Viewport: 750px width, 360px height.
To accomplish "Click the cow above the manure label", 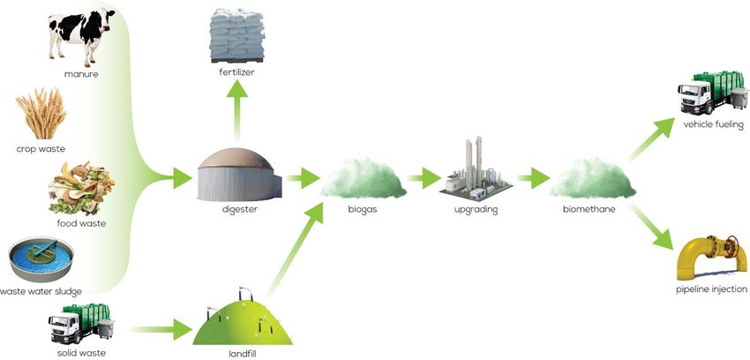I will click(78, 35).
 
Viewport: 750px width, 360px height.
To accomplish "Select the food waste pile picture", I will click(75, 186).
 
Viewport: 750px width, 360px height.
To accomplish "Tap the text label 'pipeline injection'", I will click(711, 289).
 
